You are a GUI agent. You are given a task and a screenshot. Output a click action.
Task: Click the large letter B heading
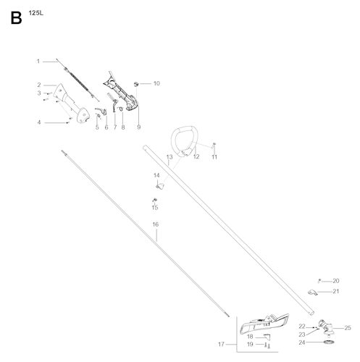point(16,18)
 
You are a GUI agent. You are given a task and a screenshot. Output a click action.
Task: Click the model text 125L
point(36,13)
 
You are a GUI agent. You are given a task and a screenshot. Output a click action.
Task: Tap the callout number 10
point(156,83)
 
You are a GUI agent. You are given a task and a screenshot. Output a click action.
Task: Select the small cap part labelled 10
point(136,84)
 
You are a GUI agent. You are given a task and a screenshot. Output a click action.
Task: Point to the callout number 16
point(156,224)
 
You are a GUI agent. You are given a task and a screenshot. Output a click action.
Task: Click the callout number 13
point(169,157)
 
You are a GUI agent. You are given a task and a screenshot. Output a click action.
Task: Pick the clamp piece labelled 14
point(159,186)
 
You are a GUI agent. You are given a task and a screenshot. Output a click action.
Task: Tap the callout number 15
point(155,208)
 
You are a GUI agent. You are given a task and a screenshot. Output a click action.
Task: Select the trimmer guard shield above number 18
point(264,324)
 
